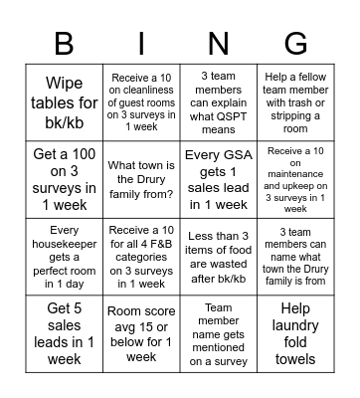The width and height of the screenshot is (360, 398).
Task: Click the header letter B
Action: [63, 43]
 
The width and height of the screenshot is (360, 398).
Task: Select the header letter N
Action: [218, 43]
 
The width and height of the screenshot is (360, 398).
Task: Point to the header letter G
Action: [295, 43]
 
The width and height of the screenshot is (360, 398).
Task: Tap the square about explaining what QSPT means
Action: [218, 99]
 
